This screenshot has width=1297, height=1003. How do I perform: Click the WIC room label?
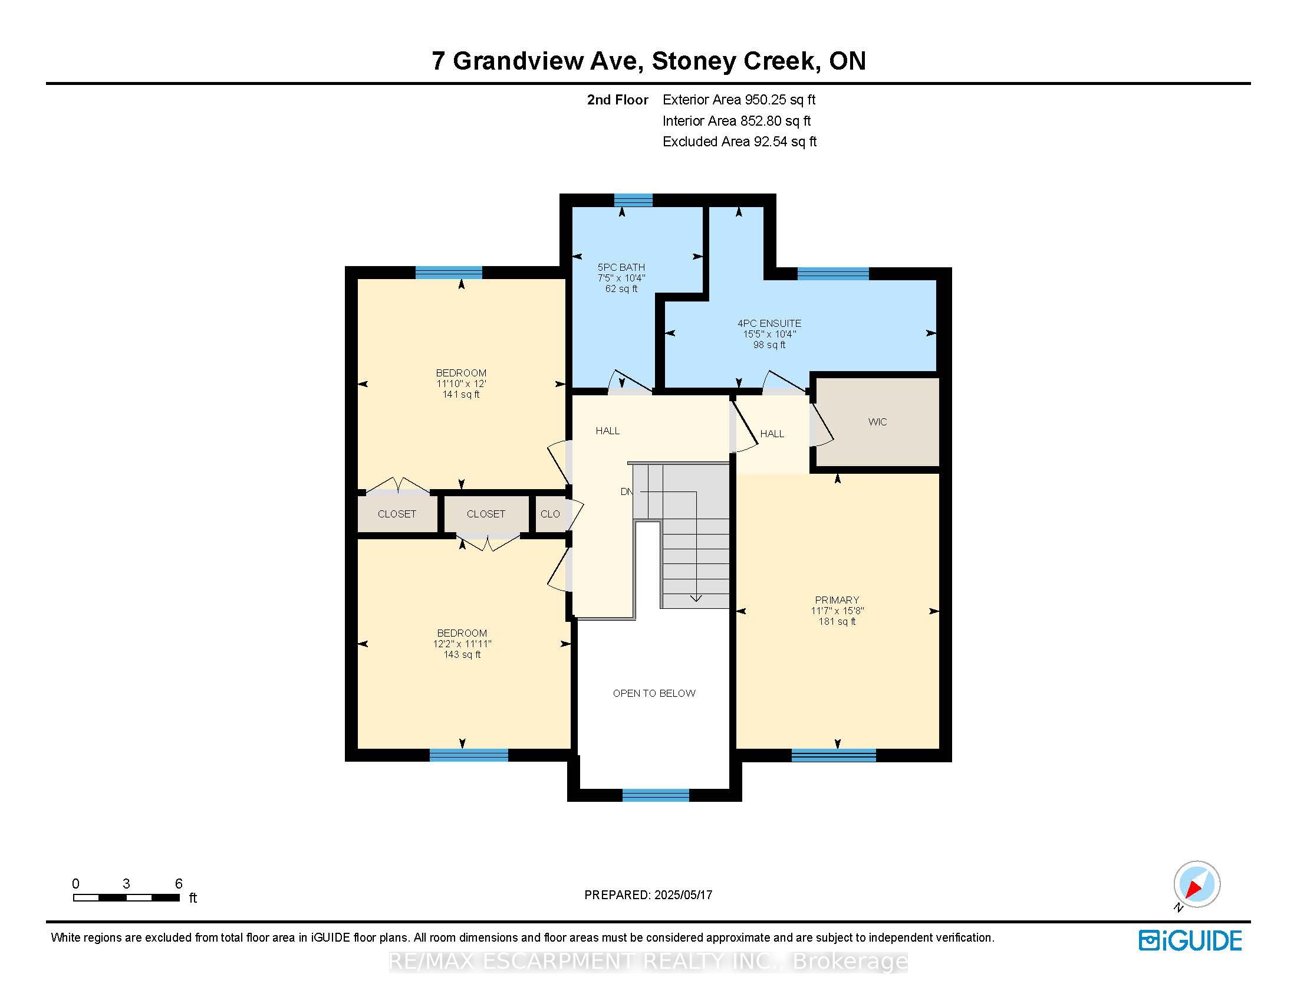877,422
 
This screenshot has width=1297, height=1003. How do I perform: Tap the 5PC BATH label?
621,267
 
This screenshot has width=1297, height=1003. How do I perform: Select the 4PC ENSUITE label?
769,323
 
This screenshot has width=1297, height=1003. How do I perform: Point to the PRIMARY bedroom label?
837,600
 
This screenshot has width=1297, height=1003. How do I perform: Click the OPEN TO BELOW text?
654,693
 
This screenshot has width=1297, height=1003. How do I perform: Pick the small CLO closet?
550,514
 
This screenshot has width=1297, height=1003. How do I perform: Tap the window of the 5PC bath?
633,200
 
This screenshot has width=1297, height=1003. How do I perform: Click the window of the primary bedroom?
834,755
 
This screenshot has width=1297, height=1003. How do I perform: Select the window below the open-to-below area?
656,795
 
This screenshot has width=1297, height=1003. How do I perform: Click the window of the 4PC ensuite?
833,273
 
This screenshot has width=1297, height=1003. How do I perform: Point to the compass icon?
1196,885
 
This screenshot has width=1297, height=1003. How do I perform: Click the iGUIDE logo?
1190,940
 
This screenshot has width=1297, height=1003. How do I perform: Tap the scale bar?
127,898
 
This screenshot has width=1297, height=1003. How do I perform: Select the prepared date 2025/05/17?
683,895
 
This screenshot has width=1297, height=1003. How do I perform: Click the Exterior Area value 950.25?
763,100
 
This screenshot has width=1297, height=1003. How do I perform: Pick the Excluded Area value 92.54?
771,142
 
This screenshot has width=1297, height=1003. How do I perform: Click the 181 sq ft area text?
837,621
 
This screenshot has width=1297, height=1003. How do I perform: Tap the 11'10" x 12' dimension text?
461,384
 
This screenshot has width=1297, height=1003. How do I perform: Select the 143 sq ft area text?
462,655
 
